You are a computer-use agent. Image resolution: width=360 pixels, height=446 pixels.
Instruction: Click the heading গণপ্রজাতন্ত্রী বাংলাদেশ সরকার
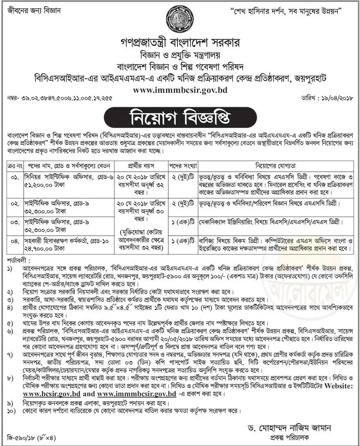180,43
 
